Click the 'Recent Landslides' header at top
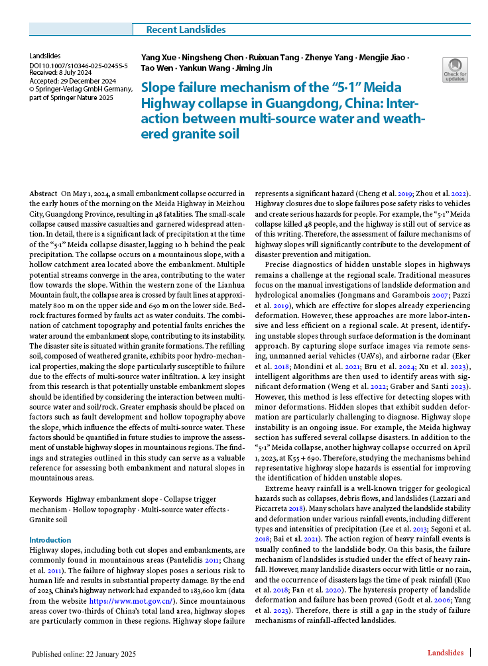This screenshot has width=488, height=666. pos(186,30)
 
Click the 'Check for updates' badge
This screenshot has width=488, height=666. pos(455,70)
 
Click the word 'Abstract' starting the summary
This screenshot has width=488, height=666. pos(44,193)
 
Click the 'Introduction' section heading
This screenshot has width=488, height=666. pos(50,540)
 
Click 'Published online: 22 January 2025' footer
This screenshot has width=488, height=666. pos(84,654)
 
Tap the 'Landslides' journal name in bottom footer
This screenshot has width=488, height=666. pos(445,653)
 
